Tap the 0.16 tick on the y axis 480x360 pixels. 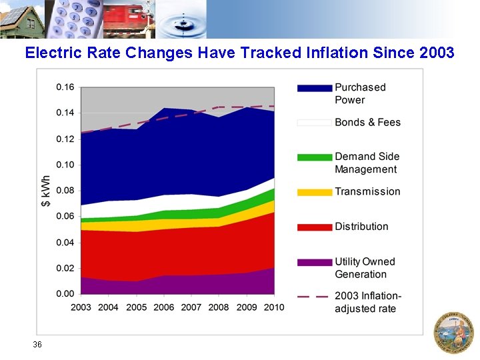point(65,87)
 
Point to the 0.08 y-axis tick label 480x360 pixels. point(65,191)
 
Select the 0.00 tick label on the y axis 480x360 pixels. point(65,294)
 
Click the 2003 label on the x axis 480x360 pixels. point(81,307)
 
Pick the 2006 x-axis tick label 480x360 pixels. point(163,307)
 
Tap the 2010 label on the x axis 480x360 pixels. point(273,307)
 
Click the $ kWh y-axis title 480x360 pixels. point(46,191)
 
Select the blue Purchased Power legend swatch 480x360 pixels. point(314,88)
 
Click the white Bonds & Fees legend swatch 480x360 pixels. point(314,123)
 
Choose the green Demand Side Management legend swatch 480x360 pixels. point(314,157)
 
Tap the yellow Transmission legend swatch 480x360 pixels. point(314,192)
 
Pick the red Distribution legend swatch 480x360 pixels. point(314,227)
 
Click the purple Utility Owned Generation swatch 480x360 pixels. point(314,263)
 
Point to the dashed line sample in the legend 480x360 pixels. point(314,297)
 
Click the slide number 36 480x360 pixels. point(37,345)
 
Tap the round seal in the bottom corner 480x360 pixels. point(453,331)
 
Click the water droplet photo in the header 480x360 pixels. point(183,20)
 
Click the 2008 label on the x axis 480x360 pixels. point(219,307)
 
